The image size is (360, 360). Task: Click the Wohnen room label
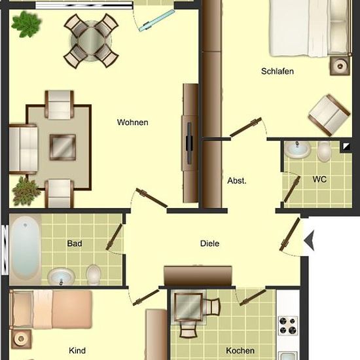pyautogui.click(x=132, y=122)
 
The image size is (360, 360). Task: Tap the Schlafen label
pyautogui.click(x=278, y=71)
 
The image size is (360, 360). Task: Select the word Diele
pyautogui.click(x=209, y=243)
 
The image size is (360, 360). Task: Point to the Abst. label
pyautogui.click(x=237, y=181)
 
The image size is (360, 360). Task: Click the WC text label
pyautogui.click(x=319, y=179)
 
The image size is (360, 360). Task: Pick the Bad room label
pyautogui.click(x=75, y=243)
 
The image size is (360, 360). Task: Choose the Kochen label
pyautogui.click(x=240, y=351)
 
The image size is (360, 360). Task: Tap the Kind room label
pyautogui.click(x=77, y=351)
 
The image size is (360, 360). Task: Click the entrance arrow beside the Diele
pyautogui.click(x=309, y=241)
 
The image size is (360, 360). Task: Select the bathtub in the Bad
pyautogui.click(x=25, y=249)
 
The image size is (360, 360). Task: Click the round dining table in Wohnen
pyautogui.click(x=91, y=41)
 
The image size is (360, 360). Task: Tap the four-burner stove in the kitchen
pyautogui.click(x=288, y=325)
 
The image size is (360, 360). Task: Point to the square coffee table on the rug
pyautogui.click(x=63, y=147)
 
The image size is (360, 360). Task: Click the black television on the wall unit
pyautogui.click(x=189, y=143)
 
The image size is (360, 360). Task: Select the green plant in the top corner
pyautogui.click(x=26, y=24)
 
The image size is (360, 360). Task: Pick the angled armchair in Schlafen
pyautogui.click(x=329, y=115)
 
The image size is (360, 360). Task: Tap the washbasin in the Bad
pyautogui.click(x=62, y=276)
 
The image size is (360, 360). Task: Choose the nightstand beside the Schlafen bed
pyautogui.click(x=340, y=66)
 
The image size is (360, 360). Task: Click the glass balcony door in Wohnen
pyautogui.click(x=156, y=20)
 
